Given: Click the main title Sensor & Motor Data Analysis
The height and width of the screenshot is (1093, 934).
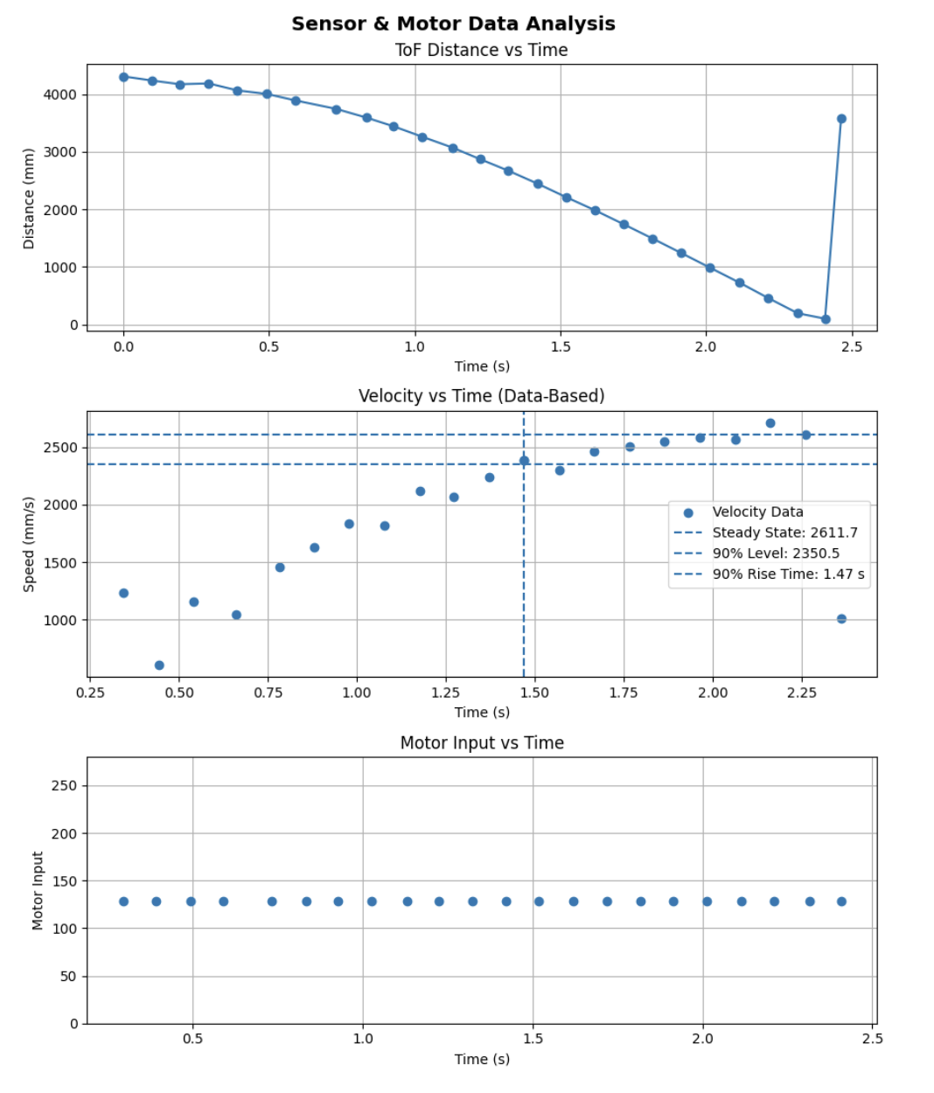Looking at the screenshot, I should point(453,24).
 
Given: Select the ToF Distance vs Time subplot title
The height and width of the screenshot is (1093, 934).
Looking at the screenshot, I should point(481,50).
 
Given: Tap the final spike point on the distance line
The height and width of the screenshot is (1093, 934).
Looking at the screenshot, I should point(841,119).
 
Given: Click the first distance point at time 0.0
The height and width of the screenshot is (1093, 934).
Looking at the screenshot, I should point(123,77).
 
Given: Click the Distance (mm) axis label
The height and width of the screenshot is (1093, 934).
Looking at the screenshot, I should point(29,198).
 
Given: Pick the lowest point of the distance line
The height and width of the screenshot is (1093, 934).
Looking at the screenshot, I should point(826,319).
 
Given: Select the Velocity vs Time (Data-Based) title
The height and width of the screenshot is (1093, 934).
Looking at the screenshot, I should point(481,396).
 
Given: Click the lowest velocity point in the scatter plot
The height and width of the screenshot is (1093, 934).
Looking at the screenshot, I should point(159,665).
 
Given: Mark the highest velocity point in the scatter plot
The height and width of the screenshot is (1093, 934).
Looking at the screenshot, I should point(770,423).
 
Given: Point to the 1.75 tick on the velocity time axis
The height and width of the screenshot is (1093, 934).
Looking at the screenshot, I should point(624,693).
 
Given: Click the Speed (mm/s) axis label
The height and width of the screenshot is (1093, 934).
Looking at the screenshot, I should point(29,544).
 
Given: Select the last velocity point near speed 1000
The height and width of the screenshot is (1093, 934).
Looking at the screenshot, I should point(841,619).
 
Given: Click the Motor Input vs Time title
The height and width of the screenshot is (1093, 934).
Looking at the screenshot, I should point(482,743).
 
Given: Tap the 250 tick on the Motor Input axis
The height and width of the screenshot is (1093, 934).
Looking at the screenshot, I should point(64,785).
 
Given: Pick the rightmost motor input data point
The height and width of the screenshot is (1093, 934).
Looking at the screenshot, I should point(841,902).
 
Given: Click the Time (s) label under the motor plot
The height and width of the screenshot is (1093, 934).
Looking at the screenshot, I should point(482,1059).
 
